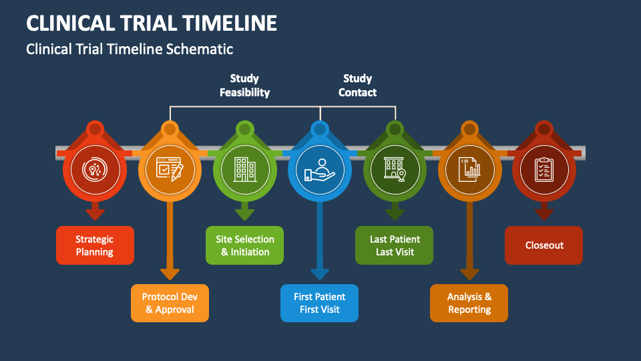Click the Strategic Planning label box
coord(95,245)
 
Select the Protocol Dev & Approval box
coord(170,303)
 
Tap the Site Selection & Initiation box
coord(244,245)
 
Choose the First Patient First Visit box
coord(319,303)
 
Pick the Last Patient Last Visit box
coord(394,245)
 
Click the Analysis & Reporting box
coord(469,303)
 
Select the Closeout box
coord(544,245)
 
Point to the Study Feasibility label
coord(244,86)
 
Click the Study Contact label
coord(357,86)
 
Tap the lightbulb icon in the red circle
coord(95,169)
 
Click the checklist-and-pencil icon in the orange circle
coord(170,169)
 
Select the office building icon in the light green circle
coord(245,169)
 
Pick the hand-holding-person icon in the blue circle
coord(320,170)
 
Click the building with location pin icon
coord(395,169)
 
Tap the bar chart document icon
coord(469,169)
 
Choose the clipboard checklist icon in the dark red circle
coord(544,169)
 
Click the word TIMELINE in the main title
coord(229,23)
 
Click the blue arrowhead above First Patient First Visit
coord(320,274)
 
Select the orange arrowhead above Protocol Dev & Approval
coord(170,274)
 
